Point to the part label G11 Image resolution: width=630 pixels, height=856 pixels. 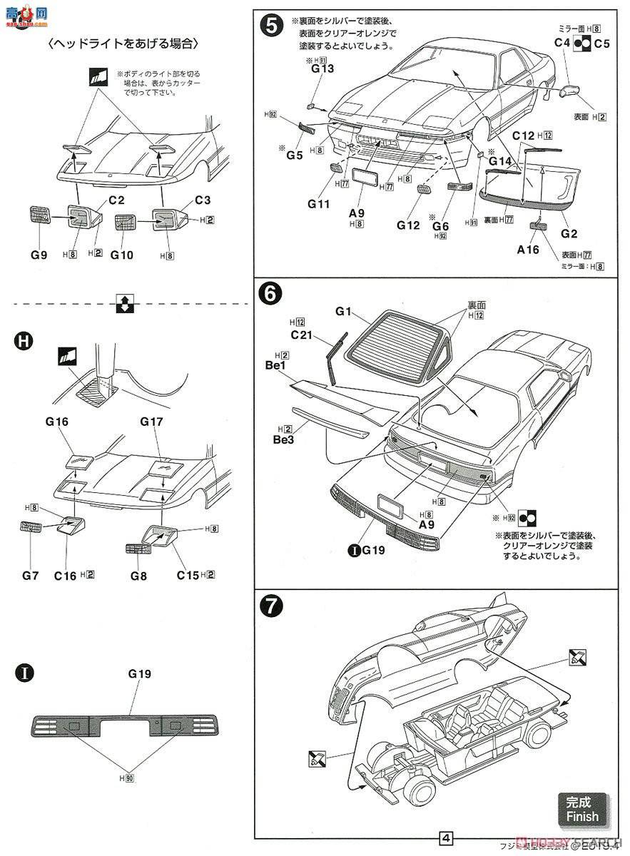(x=320, y=203)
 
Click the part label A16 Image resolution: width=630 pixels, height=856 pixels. (x=529, y=249)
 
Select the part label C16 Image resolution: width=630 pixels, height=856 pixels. (x=66, y=574)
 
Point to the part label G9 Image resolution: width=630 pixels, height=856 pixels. (x=39, y=254)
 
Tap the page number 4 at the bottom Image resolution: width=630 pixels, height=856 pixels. (x=446, y=837)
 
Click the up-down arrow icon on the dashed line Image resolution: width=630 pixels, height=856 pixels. (x=123, y=305)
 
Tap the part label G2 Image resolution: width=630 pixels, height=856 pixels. (x=569, y=234)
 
